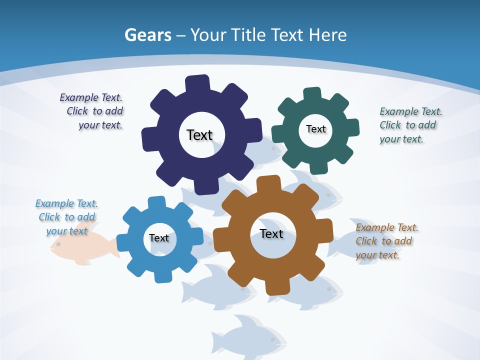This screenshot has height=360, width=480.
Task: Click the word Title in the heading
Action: (x=248, y=35)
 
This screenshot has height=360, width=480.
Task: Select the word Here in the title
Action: (x=327, y=35)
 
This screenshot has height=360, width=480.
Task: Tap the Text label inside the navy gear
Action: (x=199, y=135)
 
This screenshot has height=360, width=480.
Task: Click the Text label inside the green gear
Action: (x=315, y=129)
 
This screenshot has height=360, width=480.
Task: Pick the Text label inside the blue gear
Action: (x=159, y=238)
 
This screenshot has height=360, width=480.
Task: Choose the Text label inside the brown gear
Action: (x=271, y=233)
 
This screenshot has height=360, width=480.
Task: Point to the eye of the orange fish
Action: (x=58, y=244)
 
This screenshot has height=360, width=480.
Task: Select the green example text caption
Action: (x=410, y=125)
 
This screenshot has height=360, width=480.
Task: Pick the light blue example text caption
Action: (x=66, y=217)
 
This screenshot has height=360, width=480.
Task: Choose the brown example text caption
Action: (x=386, y=241)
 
